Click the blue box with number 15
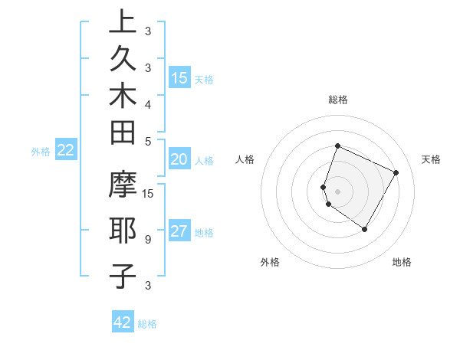coord(179,78)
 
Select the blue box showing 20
coord(179,159)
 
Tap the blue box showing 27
coord(179,232)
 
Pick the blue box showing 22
coord(66,151)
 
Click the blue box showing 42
coord(123,322)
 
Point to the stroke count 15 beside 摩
coord(149,194)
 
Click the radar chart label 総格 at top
coord(337,100)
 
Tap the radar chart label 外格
coord(270,262)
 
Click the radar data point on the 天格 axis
coord(396,172)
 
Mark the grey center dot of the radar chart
coord(337,191)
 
